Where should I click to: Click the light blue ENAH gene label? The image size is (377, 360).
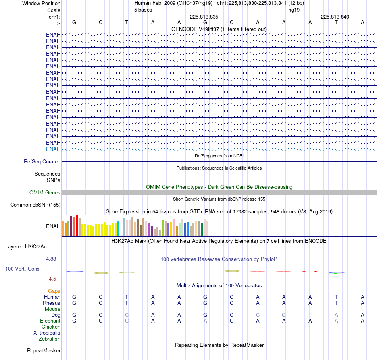(x=53, y=149)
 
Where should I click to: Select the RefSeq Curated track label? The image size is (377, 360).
(x=42, y=161)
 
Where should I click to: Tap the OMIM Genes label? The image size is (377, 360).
(x=45, y=192)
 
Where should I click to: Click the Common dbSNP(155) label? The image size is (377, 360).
(x=35, y=205)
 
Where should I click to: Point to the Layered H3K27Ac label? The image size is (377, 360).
(x=26, y=246)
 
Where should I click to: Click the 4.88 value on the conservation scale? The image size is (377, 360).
(x=51, y=259)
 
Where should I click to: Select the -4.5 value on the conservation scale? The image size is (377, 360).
(x=52, y=279)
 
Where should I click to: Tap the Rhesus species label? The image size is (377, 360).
(x=52, y=303)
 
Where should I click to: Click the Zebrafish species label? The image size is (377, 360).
(x=50, y=339)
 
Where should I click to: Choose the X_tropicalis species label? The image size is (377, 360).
(x=47, y=333)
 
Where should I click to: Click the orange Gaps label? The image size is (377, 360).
(x=54, y=291)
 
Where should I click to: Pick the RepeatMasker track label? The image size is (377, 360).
(x=44, y=350)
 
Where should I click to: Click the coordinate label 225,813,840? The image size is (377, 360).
(x=335, y=17)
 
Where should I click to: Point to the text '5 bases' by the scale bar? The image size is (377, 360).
(x=143, y=10)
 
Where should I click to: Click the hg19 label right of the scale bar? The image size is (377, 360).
(x=294, y=10)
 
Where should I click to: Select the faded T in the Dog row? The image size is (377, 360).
(x=310, y=315)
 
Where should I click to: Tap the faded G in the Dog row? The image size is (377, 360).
(x=284, y=315)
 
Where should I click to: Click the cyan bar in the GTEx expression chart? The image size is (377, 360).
(x=118, y=228)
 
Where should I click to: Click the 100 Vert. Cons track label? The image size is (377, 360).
(x=22, y=269)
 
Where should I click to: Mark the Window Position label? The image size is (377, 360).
(x=41, y=3)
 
